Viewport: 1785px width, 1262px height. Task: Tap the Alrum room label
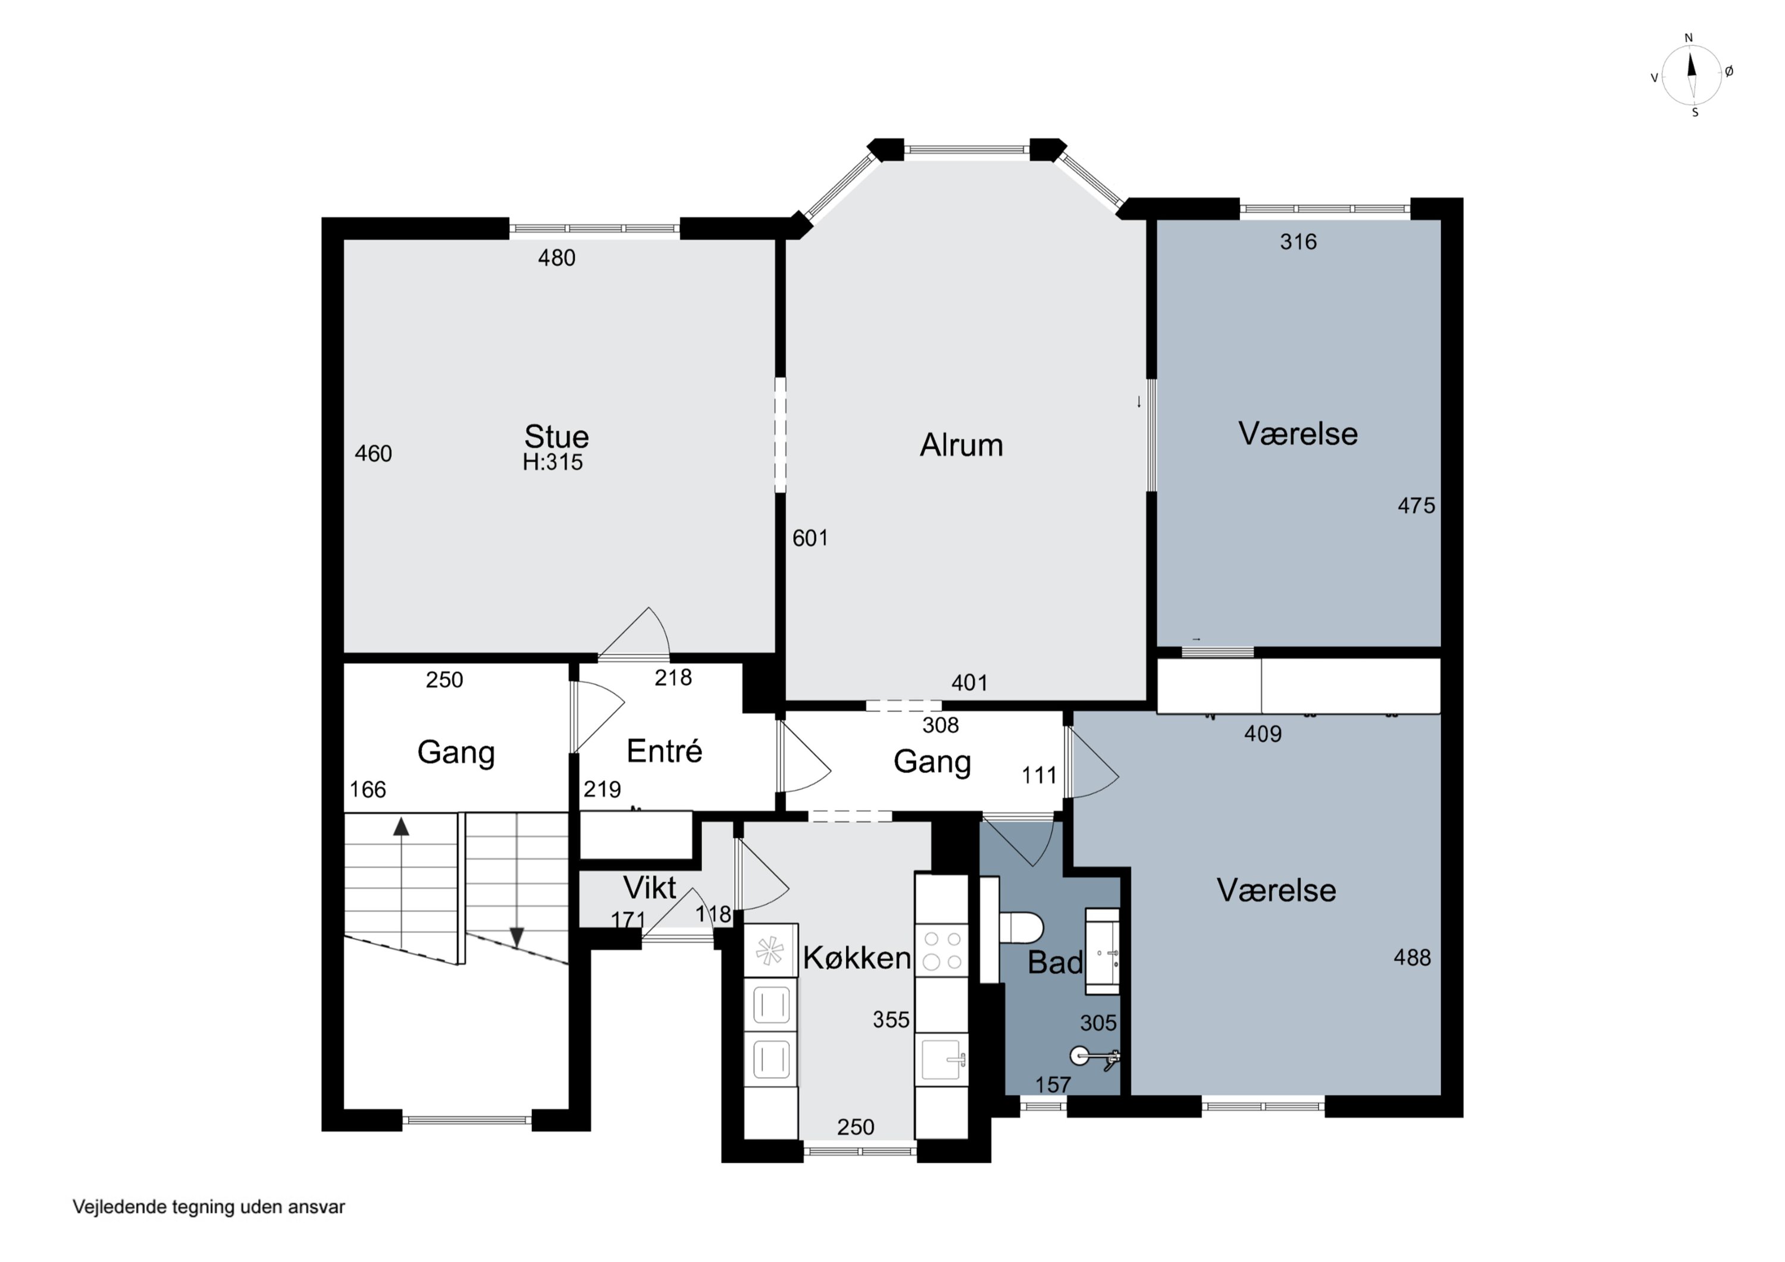(961, 446)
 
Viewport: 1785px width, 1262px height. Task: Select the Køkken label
(857, 958)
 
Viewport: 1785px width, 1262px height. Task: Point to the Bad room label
(1055, 963)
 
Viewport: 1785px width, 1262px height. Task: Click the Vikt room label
(650, 888)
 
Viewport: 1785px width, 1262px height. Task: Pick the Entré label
(664, 751)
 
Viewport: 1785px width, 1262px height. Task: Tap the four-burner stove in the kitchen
(941, 951)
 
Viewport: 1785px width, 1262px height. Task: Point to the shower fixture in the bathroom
(1095, 1057)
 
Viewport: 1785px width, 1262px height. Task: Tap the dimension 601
(810, 538)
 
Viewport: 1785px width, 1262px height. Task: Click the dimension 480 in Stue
(557, 258)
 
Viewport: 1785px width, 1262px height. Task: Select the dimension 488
(1412, 958)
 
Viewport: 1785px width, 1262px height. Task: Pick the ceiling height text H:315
(552, 463)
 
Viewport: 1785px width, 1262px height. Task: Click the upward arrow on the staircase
(401, 884)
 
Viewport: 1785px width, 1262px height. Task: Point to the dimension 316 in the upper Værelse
(1298, 242)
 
